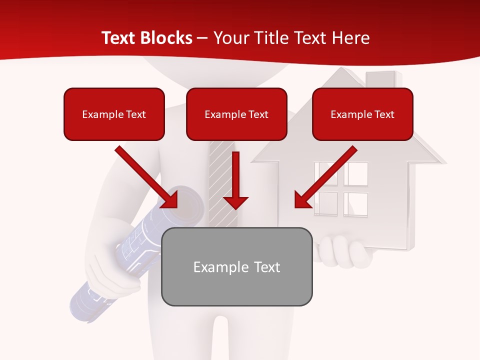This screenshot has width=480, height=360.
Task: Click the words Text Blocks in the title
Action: coord(146,38)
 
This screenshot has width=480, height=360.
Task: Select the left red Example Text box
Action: coord(114,114)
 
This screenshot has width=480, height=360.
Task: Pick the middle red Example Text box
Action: coord(236,114)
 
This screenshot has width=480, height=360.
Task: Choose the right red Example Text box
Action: coord(362,114)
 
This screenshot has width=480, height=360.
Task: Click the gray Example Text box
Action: coord(236,266)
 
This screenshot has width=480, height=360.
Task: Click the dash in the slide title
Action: coord(202,38)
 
